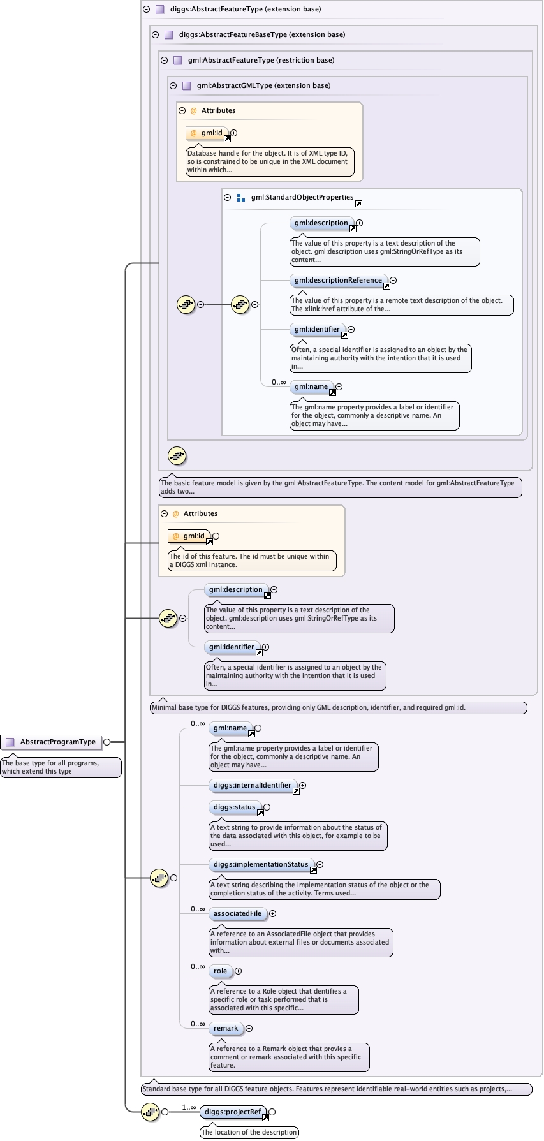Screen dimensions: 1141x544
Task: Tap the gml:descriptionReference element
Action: click(338, 280)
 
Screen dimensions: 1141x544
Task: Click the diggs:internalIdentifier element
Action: click(252, 785)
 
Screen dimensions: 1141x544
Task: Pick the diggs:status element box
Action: click(234, 807)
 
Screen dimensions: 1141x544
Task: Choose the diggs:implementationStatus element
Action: click(260, 864)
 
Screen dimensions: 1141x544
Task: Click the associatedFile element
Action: click(237, 913)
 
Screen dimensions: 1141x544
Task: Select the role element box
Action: click(220, 971)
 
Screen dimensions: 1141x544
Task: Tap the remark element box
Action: click(226, 1028)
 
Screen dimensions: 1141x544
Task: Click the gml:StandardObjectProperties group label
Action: click(302, 197)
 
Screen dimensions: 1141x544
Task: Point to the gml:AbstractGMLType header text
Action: click(263, 85)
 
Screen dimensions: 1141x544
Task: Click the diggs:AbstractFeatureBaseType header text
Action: click(261, 34)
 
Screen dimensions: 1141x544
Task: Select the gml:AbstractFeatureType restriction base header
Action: click(261, 60)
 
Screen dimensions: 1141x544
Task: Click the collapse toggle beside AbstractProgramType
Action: click(107, 742)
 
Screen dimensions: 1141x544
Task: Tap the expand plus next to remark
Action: click(249, 1028)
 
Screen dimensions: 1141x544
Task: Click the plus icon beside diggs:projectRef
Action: click(272, 1112)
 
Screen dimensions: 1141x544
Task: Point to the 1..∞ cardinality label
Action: click(189, 1107)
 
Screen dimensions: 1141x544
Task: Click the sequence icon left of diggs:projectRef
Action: click(150, 1112)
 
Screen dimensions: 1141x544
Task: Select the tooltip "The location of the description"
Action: click(249, 1132)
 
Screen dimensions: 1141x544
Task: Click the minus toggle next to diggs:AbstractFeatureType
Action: click(146, 9)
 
